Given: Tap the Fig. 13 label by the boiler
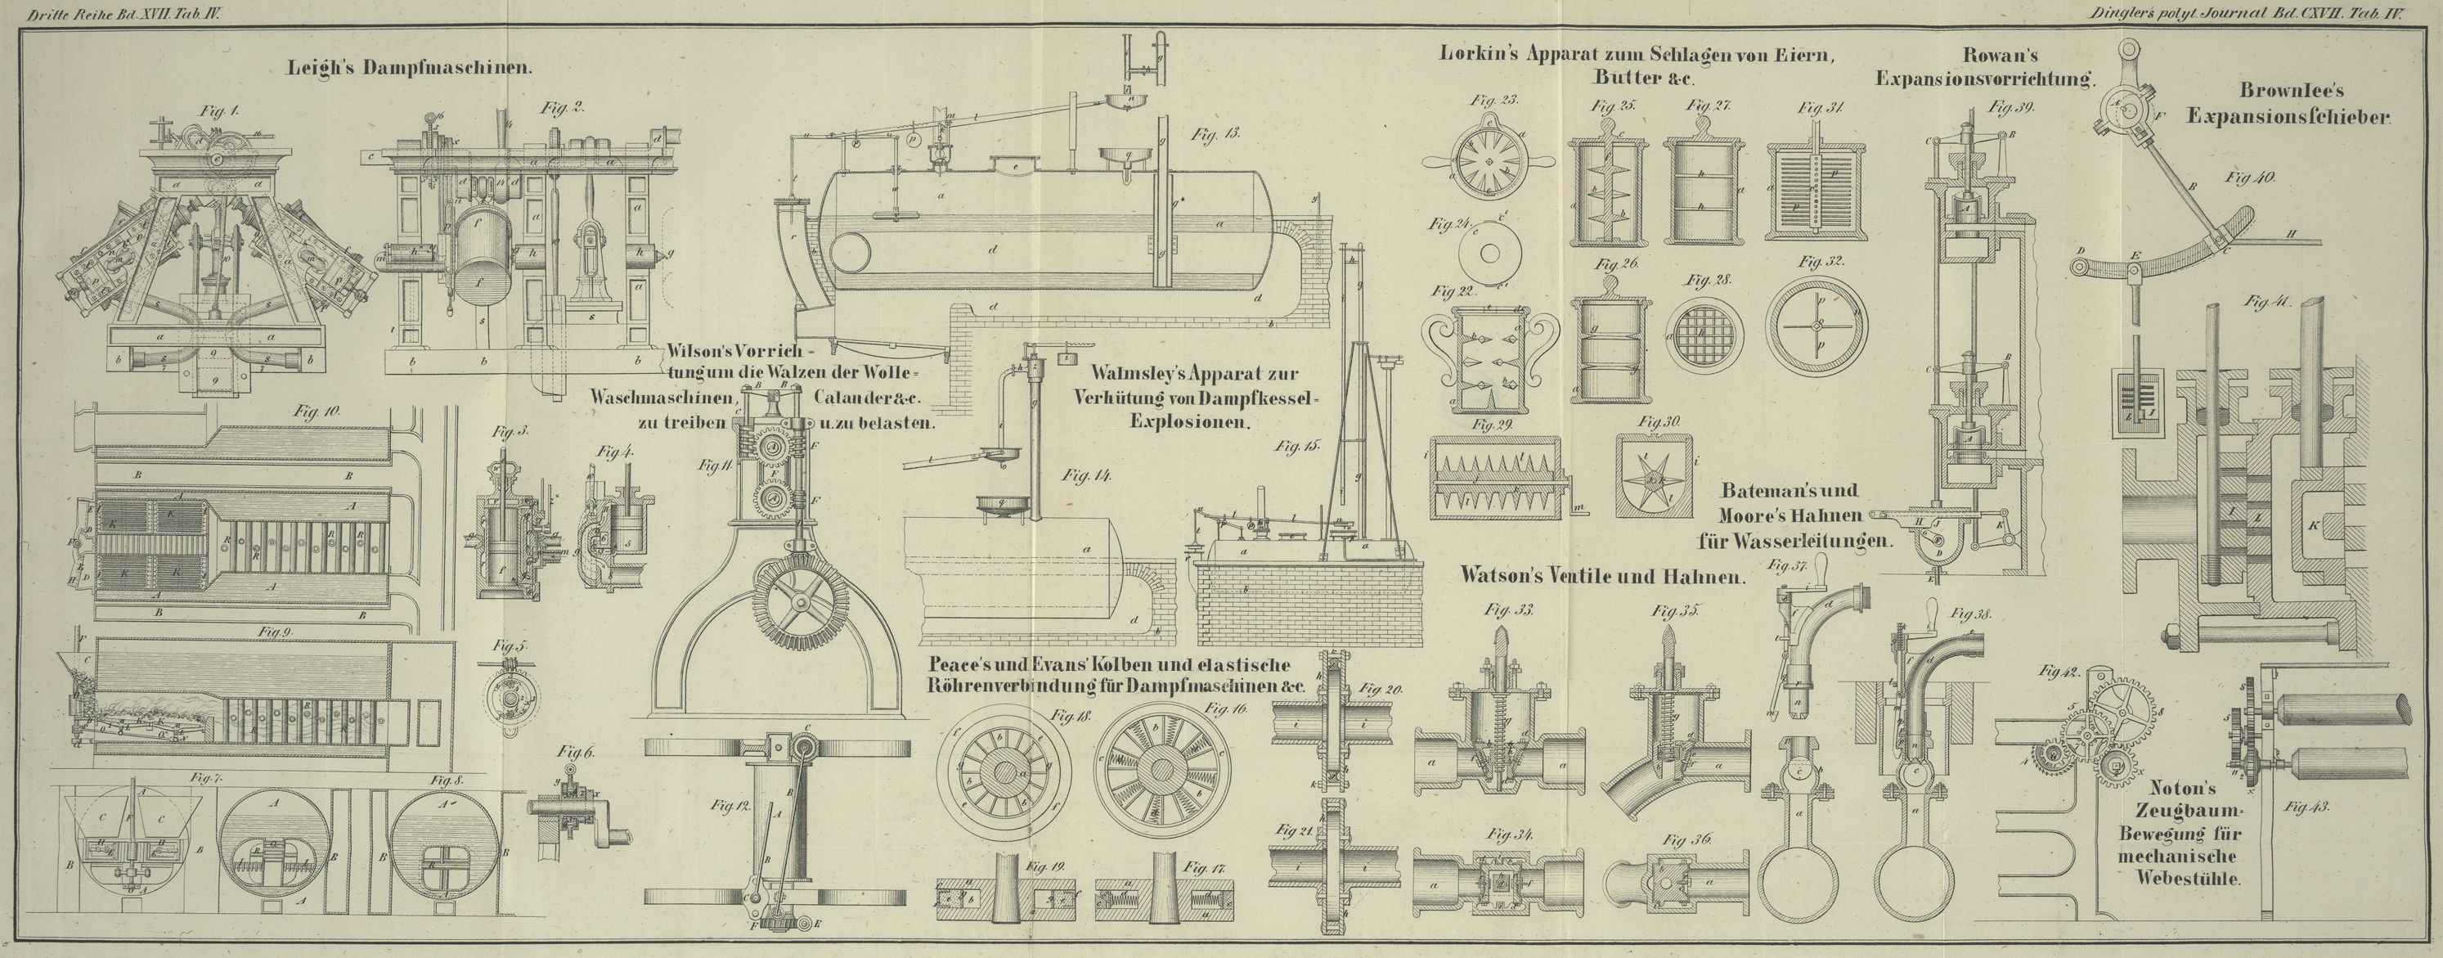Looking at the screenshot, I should pos(1219,135).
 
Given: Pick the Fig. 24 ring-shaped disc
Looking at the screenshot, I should pos(1487,254).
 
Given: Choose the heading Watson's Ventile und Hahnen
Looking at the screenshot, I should pos(1601,576).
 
